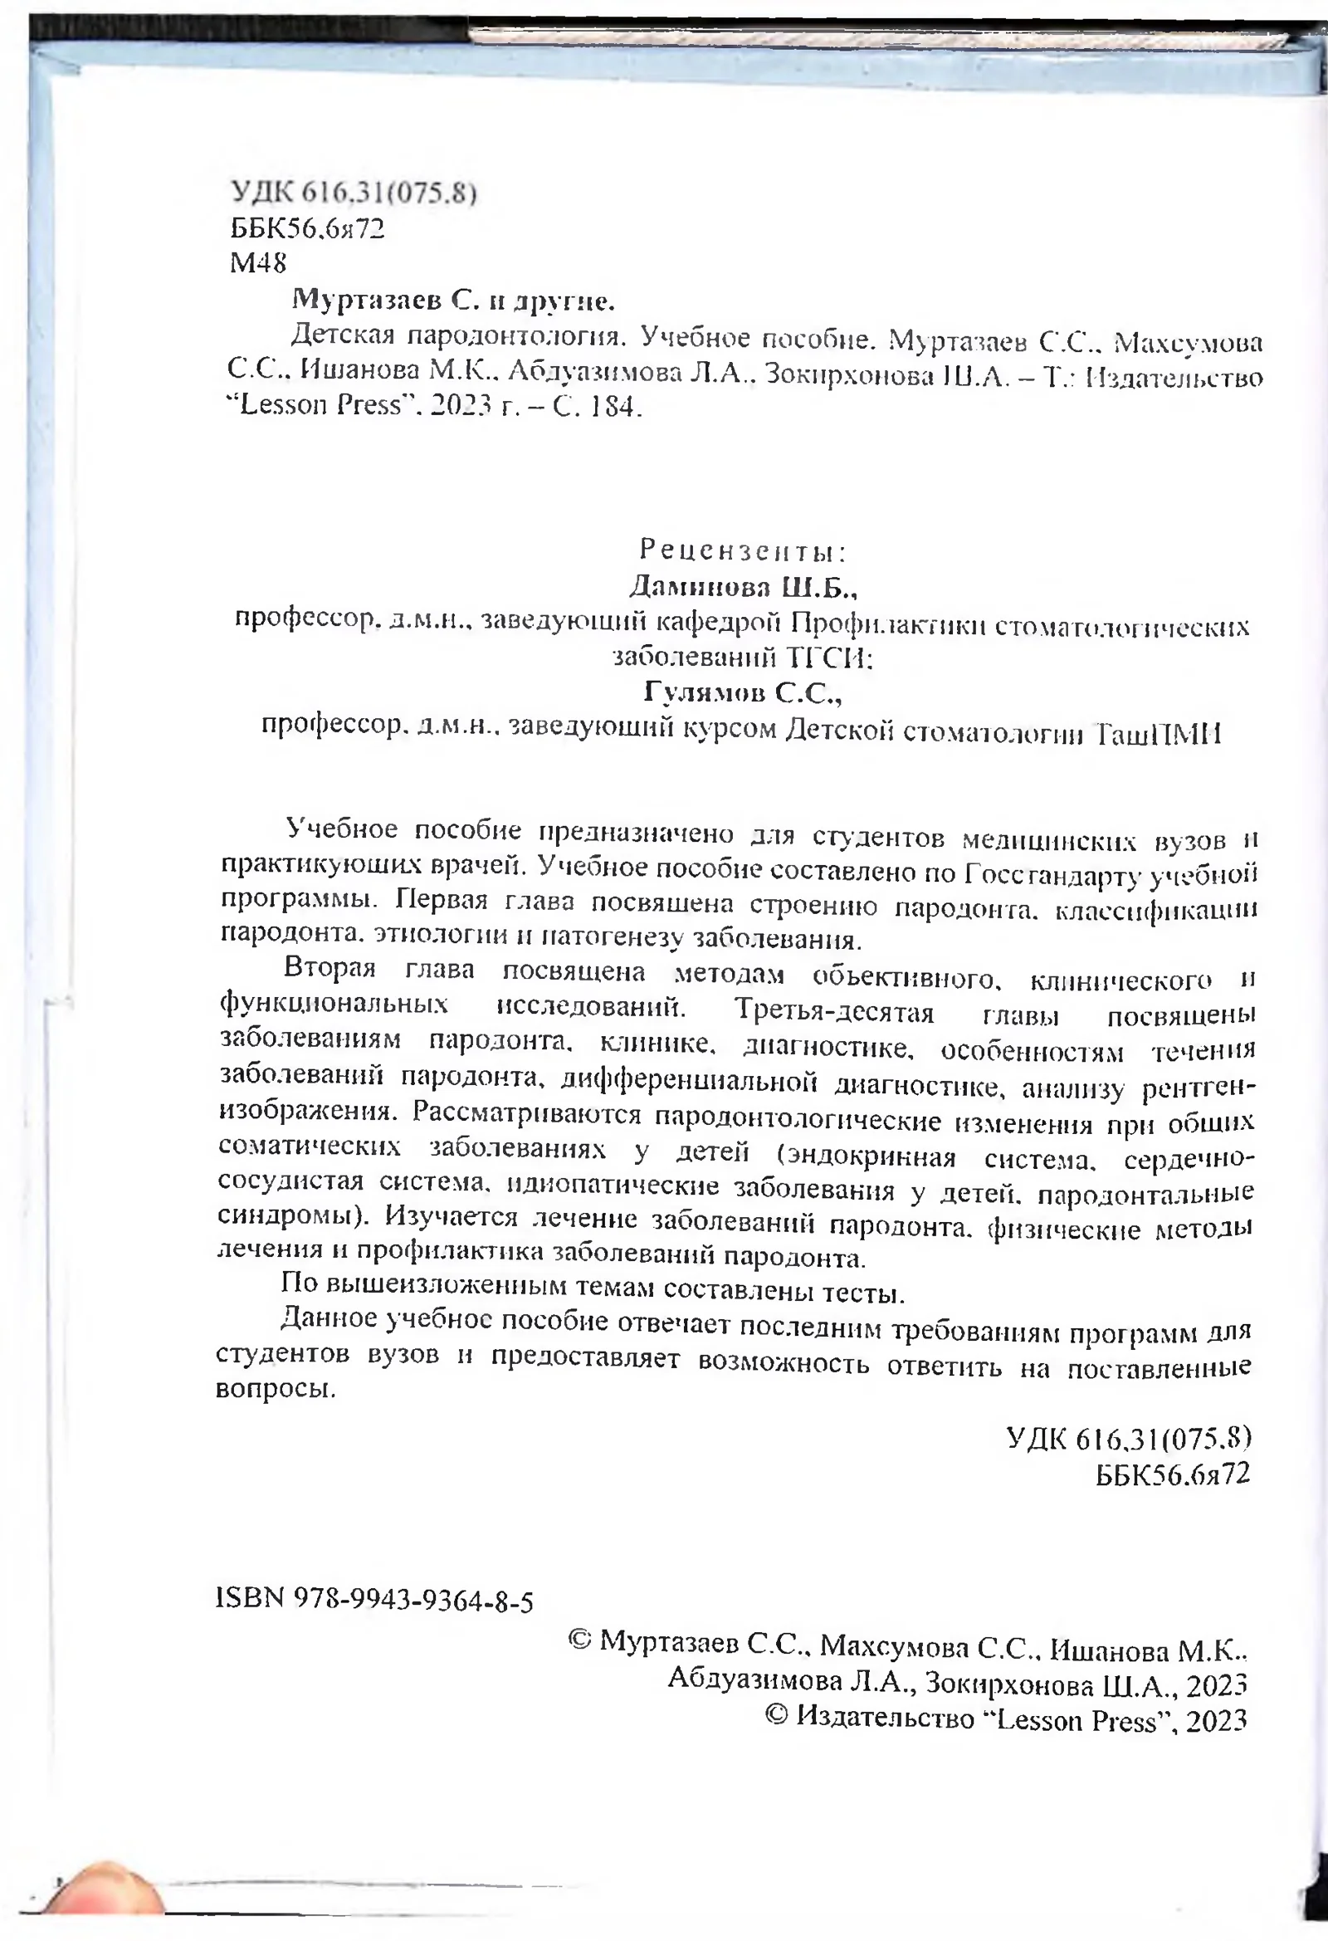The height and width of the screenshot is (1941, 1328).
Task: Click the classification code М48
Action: click(x=258, y=264)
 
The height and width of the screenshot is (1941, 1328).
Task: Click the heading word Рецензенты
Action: click(x=743, y=551)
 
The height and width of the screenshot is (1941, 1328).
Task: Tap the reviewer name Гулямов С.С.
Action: click(x=743, y=692)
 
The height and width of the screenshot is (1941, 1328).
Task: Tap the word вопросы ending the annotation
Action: click(x=276, y=1391)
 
